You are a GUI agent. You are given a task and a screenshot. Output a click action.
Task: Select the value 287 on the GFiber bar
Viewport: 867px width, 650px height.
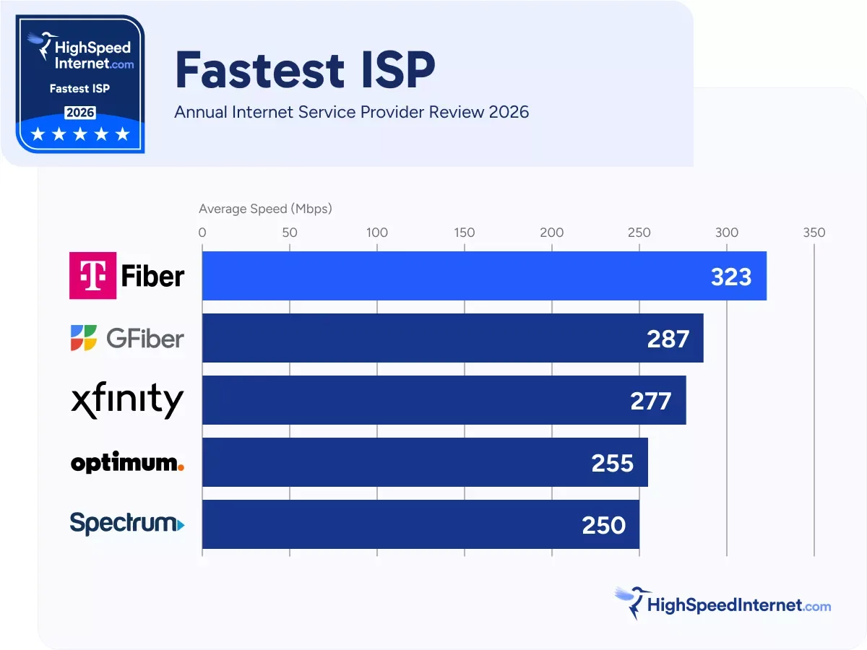click(668, 338)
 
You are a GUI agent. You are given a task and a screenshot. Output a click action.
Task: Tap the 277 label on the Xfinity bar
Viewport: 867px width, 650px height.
click(651, 400)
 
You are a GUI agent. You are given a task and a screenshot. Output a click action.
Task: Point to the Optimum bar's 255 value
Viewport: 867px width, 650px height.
click(613, 462)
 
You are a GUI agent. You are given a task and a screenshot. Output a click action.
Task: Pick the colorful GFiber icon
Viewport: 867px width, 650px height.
click(83, 338)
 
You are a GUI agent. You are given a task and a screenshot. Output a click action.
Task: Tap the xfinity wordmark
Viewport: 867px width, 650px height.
click(127, 400)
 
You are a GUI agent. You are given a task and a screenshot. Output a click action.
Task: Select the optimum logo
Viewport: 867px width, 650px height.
click(127, 463)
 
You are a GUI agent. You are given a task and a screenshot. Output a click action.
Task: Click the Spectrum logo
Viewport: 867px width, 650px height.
click(127, 523)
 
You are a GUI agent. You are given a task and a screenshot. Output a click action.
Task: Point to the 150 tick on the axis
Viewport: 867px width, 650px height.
click(465, 233)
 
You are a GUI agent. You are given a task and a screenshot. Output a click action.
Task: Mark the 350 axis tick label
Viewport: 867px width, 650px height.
click(814, 233)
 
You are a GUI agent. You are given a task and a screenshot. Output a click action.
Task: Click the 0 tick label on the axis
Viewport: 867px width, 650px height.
click(202, 233)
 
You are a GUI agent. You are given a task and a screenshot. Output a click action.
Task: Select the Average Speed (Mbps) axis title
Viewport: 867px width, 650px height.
click(265, 209)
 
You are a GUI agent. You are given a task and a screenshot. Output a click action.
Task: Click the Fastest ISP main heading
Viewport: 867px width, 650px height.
click(305, 71)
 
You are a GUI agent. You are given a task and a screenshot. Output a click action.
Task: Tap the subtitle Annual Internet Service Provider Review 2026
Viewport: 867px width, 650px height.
click(351, 112)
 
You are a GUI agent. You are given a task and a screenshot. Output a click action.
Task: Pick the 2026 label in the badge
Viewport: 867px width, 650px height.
click(80, 113)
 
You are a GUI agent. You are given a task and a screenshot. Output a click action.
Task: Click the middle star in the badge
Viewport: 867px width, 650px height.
click(80, 134)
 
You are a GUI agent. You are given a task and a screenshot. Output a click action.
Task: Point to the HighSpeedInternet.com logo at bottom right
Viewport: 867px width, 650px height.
click(723, 604)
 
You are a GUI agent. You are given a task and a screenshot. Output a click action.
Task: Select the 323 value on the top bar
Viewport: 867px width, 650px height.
click(731, 276)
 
